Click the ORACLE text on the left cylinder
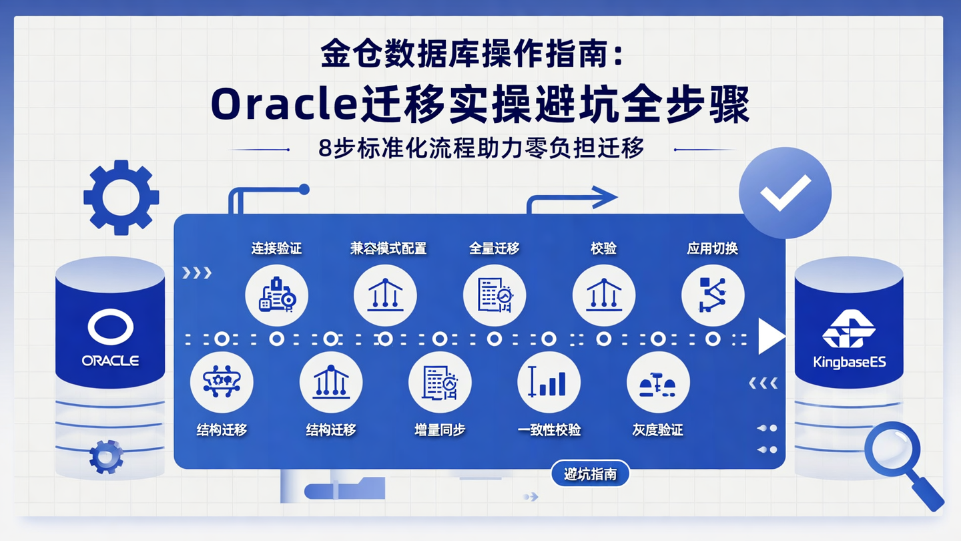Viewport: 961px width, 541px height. pos(110,361)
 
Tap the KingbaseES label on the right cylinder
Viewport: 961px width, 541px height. pos(849,363)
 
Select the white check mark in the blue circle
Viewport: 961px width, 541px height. pos(785,192)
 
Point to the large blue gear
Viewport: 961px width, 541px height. pos(121,198)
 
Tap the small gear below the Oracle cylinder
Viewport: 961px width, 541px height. pos(106,457)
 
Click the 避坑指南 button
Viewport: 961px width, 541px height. pos(590,474)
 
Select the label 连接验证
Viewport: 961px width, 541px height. pos(276,248)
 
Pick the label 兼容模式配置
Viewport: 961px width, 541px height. pos(388,248)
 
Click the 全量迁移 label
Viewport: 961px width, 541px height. pos(494,248)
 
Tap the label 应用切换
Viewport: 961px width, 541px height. pos(712,248)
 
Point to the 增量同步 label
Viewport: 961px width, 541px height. pos(440,430)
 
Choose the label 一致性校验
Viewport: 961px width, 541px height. pos(549,430)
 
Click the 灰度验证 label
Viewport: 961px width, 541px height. pos(658,430)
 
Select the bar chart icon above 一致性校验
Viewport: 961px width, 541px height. pos(549,383)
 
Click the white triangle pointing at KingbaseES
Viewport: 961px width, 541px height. pos(771,336)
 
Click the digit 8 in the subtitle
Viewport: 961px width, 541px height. pos(325,148)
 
